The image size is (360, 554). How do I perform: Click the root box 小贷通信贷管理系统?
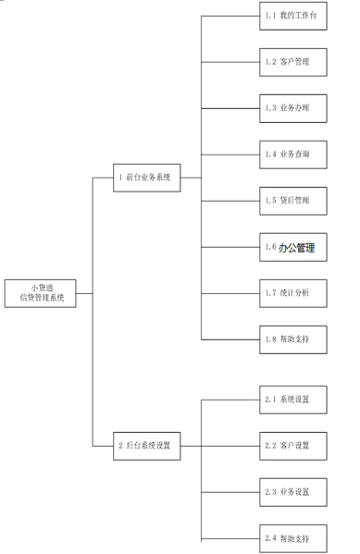click(x=42, y=293)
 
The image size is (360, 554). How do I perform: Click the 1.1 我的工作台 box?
click(x=293, y=17)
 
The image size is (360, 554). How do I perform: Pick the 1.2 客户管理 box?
click(x=293, y=62)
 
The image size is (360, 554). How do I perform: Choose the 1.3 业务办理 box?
click(x=293, y=108)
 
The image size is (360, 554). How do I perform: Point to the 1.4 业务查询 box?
click(x=293, y=154)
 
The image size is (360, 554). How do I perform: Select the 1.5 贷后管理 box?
click(x=293, y=200)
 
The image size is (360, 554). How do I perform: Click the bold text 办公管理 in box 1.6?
click(x=298, y=247)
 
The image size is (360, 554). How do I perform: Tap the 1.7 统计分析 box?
click(x=293, y=292)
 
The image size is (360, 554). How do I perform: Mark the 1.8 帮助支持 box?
click(x=293, y=339)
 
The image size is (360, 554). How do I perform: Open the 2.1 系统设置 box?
click(x=293, y=400)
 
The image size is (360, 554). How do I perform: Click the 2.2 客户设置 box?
click(x=293, y=445)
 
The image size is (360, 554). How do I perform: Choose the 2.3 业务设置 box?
click(x=293, y=491)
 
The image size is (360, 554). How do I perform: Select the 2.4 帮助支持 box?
click(x=293, y=537)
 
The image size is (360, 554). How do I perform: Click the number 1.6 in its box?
click(x=270, y=247)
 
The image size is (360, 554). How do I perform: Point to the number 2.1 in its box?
click(x=271, y=400)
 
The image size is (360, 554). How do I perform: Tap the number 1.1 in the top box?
click(x=271, y=17)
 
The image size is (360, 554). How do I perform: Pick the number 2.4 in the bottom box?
click(x=271, y=537)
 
